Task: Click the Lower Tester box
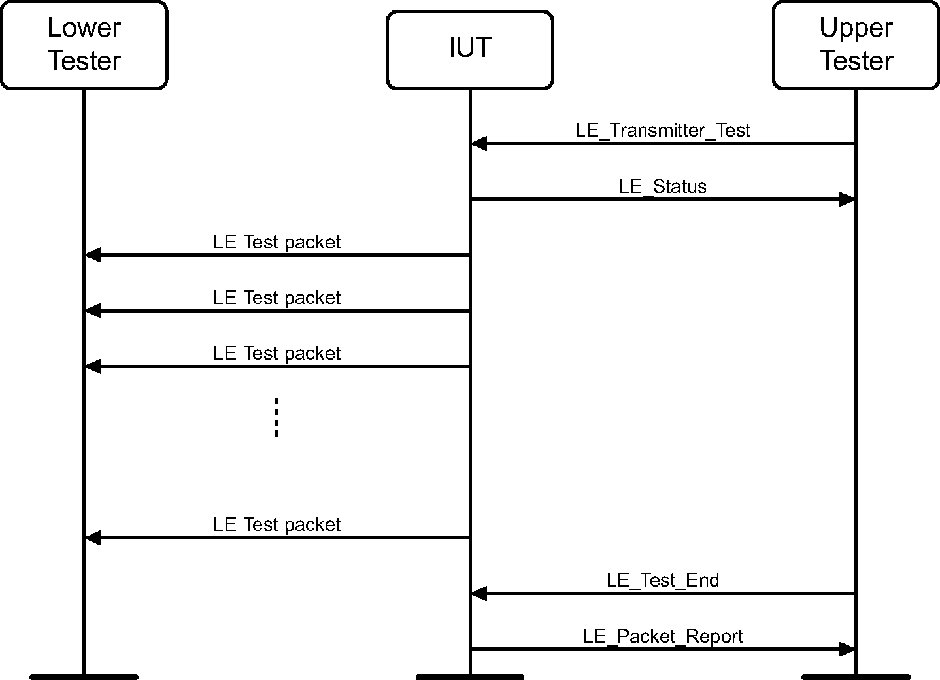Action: [84, 44]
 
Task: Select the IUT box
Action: [469, 49]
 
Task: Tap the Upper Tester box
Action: [856, 44]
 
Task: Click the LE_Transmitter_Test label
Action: [663, 130]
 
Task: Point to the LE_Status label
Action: [663, 186]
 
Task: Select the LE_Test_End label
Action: [663, 580]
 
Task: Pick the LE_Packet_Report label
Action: [663, 636]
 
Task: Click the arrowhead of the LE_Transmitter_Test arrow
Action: [479, 143]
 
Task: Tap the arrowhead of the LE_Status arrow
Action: [847, 199]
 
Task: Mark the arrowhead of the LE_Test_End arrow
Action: [479, 594]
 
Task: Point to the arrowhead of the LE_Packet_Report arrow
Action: [847, 649]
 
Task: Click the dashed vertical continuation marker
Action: [277, 416]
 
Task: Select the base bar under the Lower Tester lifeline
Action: [84, 676]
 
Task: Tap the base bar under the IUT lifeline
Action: [469, 676]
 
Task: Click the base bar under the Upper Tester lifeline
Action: [856, 676]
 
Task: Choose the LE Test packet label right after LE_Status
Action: [277, 242]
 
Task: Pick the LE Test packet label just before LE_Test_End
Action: [277, 524]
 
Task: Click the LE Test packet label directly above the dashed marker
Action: [277, 353]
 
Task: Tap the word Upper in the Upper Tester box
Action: [856, 27]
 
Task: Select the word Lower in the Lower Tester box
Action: [84, 27]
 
